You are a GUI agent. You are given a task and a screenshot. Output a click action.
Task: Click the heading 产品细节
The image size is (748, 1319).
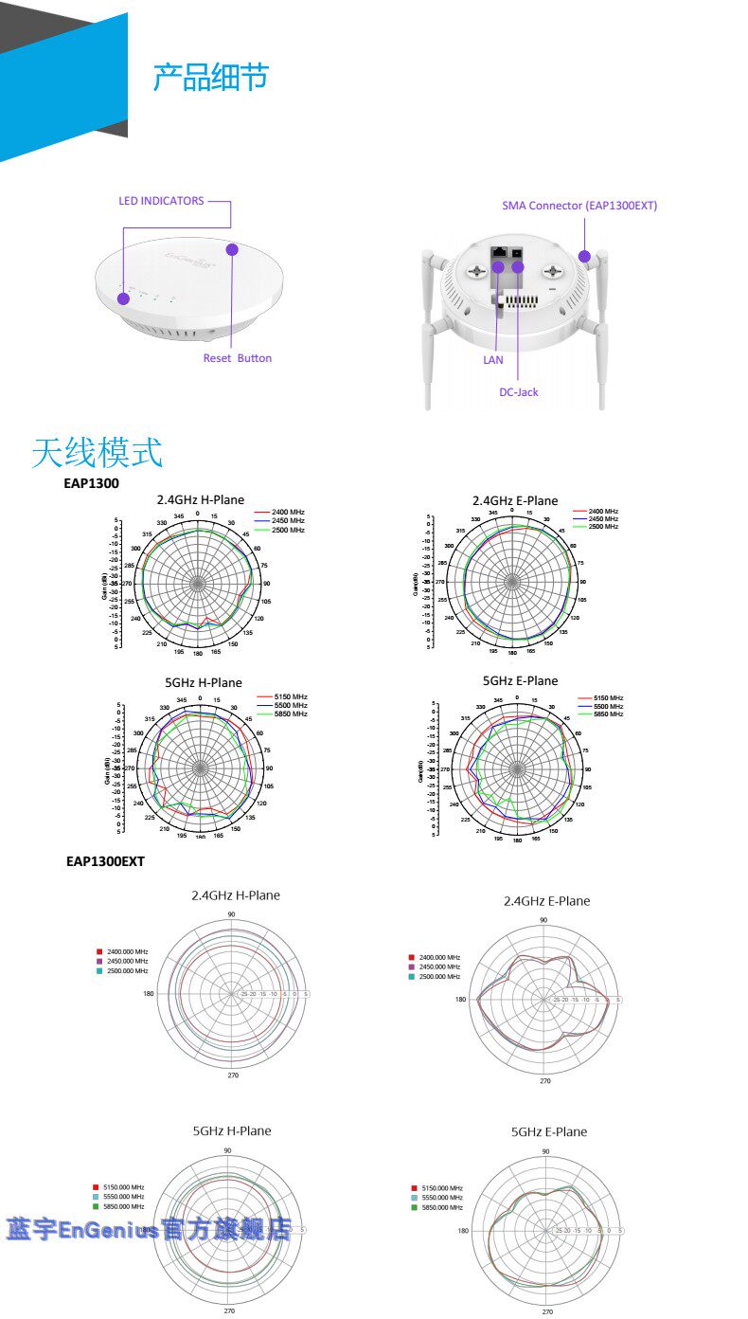pos(210,78)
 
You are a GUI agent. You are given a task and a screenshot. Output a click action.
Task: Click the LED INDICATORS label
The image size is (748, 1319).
pos(161,201)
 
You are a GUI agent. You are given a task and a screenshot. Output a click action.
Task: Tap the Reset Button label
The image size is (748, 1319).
pos(238,358)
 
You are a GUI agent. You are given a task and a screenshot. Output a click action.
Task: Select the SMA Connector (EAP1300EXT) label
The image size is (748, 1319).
pos(579,206)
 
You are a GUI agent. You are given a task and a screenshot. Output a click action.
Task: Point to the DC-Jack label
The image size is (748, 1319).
pos(519,391)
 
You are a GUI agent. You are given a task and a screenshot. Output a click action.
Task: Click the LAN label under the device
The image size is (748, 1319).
pos(493,360)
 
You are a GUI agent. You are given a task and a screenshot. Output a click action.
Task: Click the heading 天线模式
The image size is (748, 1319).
pos(97,453)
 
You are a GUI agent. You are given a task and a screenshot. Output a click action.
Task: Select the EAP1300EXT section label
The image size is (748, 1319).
pos(105,861)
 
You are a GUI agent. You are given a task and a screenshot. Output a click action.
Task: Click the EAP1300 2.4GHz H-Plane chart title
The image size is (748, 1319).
pos(200,499)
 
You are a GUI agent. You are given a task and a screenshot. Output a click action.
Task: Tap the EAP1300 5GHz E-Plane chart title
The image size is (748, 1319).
pos(521,680)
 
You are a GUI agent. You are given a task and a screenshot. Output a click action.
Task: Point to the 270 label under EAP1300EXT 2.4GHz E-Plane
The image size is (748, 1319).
pos(545,1080)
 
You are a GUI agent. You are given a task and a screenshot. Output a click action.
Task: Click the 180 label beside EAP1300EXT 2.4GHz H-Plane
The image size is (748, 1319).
pos(149,994)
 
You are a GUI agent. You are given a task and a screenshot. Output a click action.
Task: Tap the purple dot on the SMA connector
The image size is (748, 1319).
pos(585,256)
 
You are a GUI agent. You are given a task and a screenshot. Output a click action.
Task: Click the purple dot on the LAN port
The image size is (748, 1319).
pos(498,267)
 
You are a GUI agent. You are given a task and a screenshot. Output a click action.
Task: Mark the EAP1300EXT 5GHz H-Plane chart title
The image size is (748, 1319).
pos(232,1130)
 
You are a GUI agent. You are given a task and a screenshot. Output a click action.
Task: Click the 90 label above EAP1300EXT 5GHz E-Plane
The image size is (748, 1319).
pos(545,1151)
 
